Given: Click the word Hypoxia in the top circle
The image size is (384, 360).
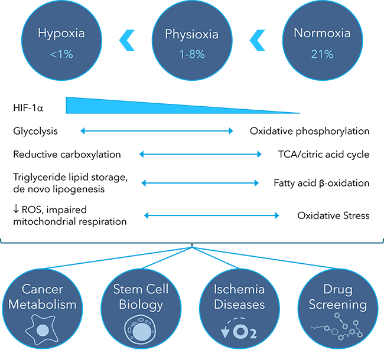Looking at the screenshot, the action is [61, 34].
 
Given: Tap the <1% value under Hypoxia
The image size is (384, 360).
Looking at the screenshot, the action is [61, 54].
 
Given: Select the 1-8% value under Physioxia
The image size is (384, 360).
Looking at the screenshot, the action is [192, 54].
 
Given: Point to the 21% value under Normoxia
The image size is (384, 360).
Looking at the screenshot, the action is [323, 54].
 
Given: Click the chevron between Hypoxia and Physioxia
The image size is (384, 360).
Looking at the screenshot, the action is [126, 40].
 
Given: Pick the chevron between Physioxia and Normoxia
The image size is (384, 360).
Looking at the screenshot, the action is [257, 40].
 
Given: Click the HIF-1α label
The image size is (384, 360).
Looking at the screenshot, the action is [28, 108].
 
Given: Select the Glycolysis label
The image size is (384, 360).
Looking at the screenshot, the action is [35, 131].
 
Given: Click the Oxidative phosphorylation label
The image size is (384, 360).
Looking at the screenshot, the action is [310, 131].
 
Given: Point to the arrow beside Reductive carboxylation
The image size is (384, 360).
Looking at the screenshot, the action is [200, 154].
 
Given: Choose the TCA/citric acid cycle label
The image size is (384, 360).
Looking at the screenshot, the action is [324, 155].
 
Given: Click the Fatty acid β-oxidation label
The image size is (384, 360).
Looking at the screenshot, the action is [321, 183].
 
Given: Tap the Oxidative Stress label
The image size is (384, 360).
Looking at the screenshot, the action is [333, 215].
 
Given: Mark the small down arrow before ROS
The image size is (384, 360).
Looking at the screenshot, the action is [16, 209].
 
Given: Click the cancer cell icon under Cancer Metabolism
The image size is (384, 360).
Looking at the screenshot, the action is [42, 330].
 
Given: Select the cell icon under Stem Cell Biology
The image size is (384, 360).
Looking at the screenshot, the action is [141, 330].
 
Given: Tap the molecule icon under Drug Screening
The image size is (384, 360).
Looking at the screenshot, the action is [337, 327].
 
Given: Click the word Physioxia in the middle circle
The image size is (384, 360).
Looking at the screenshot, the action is [192, 34].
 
